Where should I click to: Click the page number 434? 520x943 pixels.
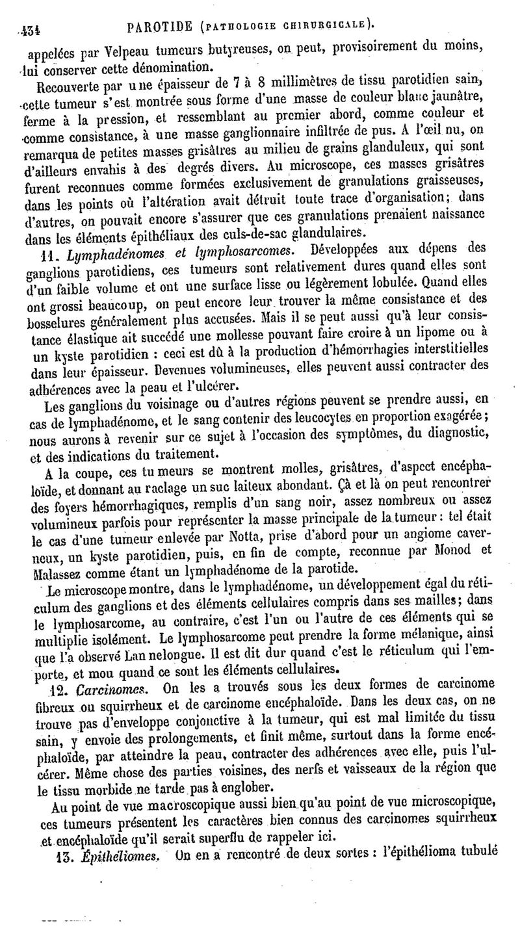29,28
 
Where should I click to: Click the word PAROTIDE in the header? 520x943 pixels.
159,27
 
